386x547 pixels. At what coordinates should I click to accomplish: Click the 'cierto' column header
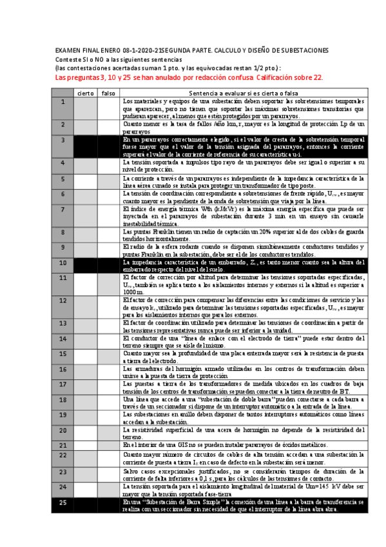pos(85,94)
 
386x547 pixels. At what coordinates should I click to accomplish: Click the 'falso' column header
pos(108,94)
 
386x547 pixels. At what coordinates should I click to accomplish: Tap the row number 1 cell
pos(63,102)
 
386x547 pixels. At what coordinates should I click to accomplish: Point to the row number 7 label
pos(63,210)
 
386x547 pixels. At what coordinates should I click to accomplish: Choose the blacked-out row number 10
pos(63,263)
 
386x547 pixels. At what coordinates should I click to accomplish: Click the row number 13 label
pos(63,323)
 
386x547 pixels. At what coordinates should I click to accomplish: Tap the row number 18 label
pos(63,399)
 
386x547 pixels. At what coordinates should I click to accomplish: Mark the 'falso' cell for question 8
pos(108,232)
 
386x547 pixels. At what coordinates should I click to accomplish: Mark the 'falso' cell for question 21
pos(108,444)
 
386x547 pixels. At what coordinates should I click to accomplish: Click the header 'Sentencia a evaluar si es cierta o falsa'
pos(244,94)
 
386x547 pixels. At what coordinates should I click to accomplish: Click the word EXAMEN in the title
pos(68,50)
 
